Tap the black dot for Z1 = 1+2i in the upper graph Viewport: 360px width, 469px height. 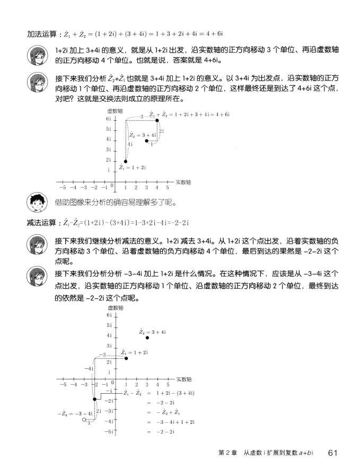[126, 161]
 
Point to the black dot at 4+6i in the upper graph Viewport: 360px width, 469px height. [157, 121]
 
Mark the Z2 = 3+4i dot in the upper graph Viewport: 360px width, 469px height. [146, 141]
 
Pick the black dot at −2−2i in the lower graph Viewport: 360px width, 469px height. [94, 399]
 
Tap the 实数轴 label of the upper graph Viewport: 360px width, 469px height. [183, 182]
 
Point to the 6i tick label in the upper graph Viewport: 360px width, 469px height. [109, 119]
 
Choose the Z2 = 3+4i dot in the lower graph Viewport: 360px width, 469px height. [147, 338]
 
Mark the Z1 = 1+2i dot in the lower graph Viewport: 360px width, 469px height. [126, 358]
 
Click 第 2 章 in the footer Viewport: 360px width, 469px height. [228, 453]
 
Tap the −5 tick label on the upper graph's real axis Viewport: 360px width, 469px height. [62, 187]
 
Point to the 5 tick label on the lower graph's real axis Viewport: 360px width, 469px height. [168, 384]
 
